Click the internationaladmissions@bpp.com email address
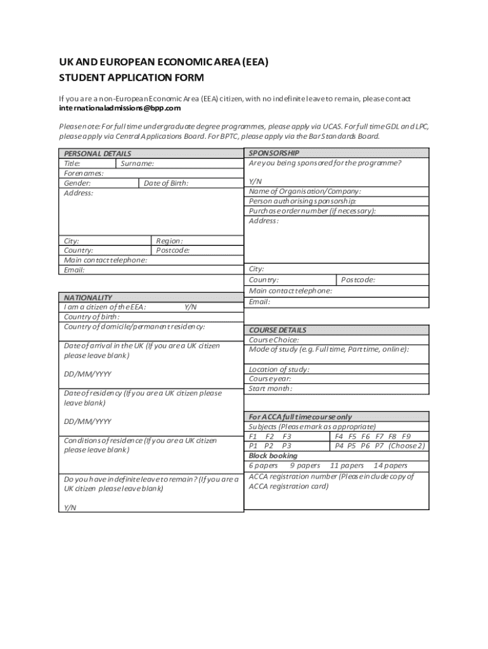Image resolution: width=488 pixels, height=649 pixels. coord(122,108)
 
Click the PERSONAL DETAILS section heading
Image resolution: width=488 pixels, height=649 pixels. coord(98,153)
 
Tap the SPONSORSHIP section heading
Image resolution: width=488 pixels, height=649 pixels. coord(274,153)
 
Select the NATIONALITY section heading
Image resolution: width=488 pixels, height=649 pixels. coord(88,297)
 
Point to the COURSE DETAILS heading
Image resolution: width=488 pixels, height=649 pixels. coord(278,330)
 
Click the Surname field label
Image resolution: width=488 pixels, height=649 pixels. coord(137,164)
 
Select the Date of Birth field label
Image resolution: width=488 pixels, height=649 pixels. coord(166,183)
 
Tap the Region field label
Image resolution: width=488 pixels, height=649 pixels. coord(169,241)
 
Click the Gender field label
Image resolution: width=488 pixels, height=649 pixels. coord(77,183)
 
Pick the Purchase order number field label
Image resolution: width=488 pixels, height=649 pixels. coord(312,210)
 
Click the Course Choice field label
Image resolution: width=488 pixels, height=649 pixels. coord(274,340)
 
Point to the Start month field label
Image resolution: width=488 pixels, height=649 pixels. coord(271,389)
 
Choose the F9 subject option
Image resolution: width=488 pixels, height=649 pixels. coord(406,436)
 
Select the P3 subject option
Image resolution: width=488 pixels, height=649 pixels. coord(286,446)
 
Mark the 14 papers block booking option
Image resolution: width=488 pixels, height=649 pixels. coord(390,465)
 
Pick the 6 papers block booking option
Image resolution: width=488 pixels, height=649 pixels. coord(263,465)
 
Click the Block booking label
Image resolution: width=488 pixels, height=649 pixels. coord(273,456)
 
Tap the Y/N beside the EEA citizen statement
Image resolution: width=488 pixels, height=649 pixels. coord(190,307)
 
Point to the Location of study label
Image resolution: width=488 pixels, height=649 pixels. coord(279,369)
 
